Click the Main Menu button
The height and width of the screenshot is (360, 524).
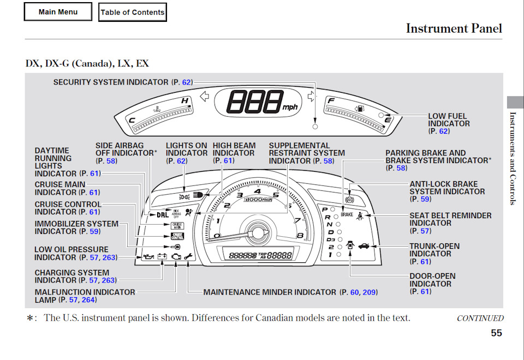click(58, 12)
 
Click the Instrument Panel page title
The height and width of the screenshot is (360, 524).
click(454, 28)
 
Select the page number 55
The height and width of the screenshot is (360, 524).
click(496, 333)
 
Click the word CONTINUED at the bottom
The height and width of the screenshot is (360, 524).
click(480, 318)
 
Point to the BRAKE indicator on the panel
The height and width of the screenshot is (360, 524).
click(347, 215)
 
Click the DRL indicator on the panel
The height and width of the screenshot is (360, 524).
click(163, 214)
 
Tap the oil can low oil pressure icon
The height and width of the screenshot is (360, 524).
click(148, 256)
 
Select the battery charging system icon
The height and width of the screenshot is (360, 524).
click(162, 256)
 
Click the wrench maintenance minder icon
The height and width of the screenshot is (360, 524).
click(188, 256)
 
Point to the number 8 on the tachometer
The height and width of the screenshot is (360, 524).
click(300, 236)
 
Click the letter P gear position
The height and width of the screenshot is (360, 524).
click(325, 209)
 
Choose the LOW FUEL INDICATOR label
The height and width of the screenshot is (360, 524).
click(448, 123)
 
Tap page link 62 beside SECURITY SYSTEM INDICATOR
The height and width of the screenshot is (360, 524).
click(187, 82)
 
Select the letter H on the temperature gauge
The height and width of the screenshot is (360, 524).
click(185, 101)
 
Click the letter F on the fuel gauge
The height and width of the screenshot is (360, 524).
click(330, 100)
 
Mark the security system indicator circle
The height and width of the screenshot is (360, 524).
click(315, 126)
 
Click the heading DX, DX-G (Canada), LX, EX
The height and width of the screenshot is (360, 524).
click(87, 63)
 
